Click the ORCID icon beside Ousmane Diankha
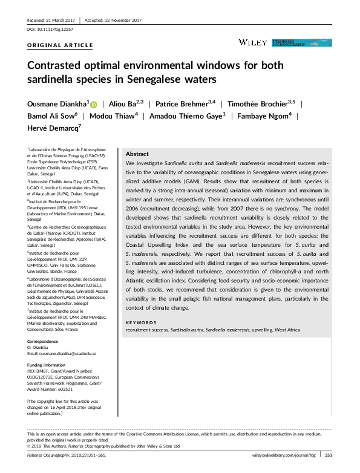[94, 105]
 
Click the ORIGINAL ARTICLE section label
[61, 45]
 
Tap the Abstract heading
[137, 154]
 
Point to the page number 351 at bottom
[329, 455]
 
